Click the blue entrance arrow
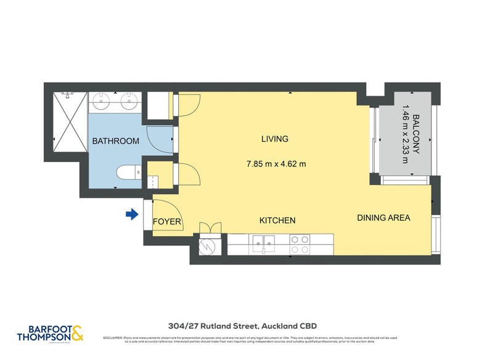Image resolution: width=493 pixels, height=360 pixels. pos(131,215)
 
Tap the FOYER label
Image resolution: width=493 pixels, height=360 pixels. pos(166,221)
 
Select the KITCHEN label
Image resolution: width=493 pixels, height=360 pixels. pos(277,220)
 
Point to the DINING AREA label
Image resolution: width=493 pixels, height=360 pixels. pos(383,218)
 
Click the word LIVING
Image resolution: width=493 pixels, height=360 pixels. pos(274,139)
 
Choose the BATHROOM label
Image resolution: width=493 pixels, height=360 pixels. pos(115,141)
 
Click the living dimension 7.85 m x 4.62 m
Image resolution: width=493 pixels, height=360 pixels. pos(276,164)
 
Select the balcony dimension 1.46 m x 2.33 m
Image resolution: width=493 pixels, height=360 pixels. pos(405,135)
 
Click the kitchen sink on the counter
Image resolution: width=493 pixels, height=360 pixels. pos(263,244)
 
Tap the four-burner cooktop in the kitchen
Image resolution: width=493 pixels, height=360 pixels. pos(299,244)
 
